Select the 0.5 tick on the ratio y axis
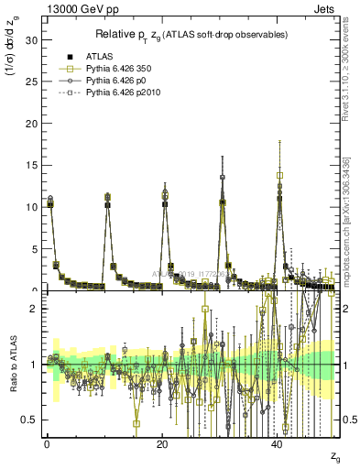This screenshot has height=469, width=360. [x=30, y=420]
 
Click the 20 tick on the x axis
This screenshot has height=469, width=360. [x=163, y=443]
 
